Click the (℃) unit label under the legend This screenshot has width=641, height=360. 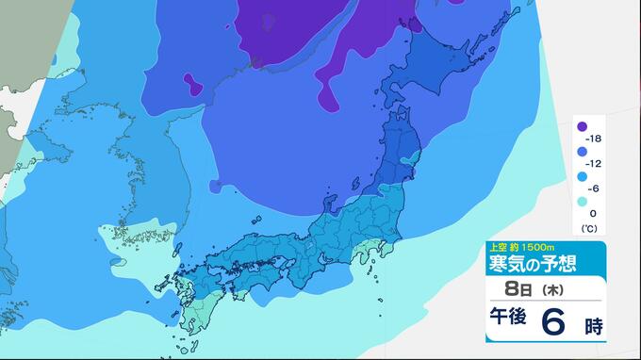(x=589, y=228)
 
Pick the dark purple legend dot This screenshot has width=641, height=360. (x=583, y=126)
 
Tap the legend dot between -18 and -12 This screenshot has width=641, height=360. (x=583, y=151)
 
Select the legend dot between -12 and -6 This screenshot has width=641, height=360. (x=583, y=176)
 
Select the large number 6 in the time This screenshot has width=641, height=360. (x=555, y=322)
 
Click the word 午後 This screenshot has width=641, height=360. (x=510, y=322)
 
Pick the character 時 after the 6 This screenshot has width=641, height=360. (x=592, y=326)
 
